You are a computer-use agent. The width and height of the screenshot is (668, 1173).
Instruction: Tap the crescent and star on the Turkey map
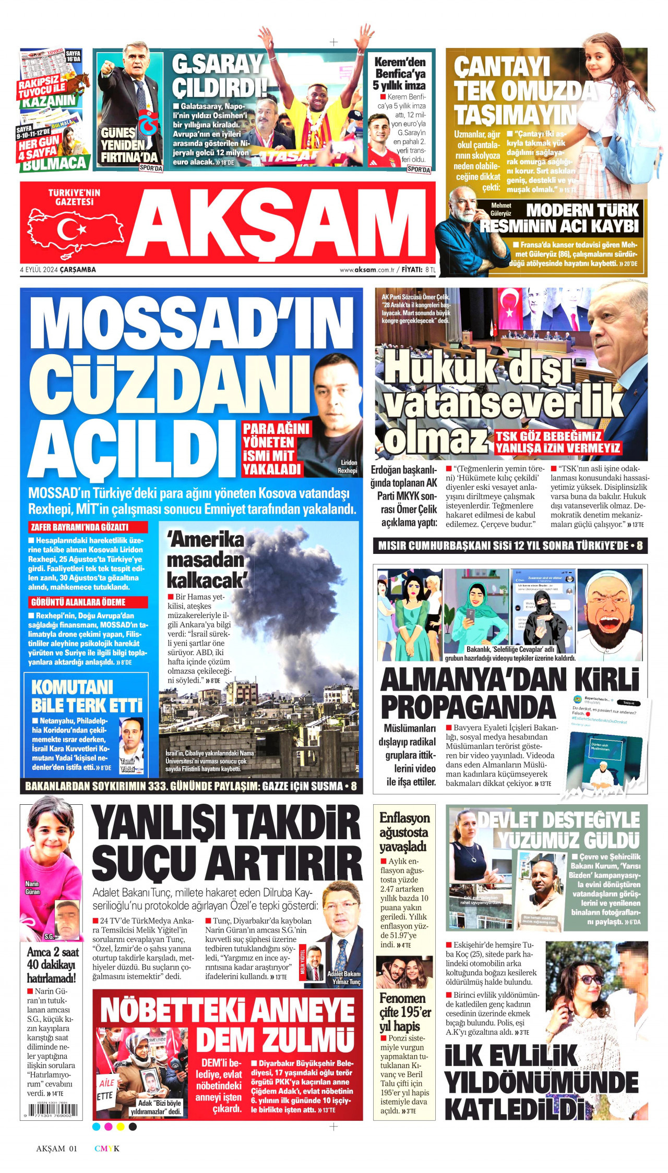click(x=70, y=229)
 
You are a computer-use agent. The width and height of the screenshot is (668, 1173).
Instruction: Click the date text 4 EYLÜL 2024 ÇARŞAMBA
click(x=58, y=270)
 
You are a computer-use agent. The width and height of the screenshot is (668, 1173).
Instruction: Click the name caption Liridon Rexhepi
click(x=348, y=466)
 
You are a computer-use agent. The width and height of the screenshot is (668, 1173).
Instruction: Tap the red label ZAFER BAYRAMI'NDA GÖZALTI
click(x=87, y=527)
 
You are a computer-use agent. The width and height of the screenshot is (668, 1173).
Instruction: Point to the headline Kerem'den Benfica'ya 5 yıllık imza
click(x=400, y=74)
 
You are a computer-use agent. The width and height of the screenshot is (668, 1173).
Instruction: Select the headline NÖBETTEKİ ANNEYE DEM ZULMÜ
click(x=228, y=1025)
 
